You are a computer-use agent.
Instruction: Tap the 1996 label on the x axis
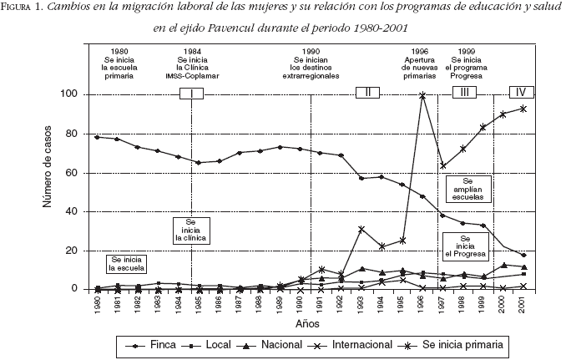coord(423,303)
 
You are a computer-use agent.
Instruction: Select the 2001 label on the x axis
coord(523,303)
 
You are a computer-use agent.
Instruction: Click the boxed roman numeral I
coord(191,93)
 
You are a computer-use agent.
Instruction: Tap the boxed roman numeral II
coord(368,92)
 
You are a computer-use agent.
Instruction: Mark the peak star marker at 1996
coord(423,96)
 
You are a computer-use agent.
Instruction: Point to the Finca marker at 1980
coord(98,137)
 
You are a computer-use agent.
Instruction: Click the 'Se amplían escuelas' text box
coord(467,190)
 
